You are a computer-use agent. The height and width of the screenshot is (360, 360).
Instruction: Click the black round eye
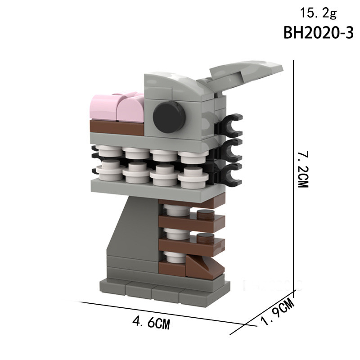click(x=169, y=117)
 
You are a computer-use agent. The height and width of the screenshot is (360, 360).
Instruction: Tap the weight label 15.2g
click(x=318, y=13)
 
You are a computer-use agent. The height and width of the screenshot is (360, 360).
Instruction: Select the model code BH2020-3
click(x=319, y=33)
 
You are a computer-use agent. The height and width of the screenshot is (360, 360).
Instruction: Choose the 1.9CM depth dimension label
click(x=278, y=312)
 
